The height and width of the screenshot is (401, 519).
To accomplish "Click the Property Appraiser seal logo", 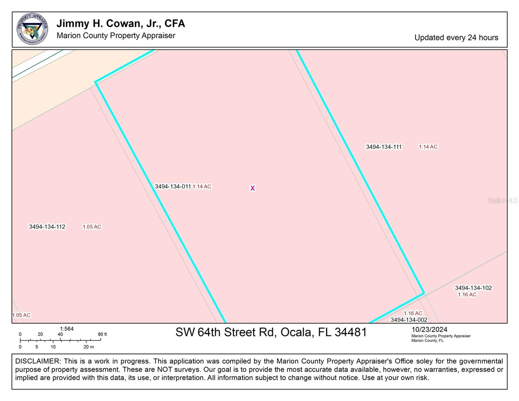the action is (32, 29).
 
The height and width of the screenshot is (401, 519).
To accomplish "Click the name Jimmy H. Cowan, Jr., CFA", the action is (120, 23).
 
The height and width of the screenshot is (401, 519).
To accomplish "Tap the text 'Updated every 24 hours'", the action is (456, 37).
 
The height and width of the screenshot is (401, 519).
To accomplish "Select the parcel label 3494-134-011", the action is (172, 186).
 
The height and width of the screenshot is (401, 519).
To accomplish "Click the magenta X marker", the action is (253, 188).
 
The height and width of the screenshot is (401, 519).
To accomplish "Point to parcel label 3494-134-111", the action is (384, 147).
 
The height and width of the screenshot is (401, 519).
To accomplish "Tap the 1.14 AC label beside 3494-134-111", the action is (428, 147).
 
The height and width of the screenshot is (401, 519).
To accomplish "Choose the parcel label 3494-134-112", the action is (47, 227).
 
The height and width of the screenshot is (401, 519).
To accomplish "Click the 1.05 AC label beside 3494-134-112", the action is (92, 227).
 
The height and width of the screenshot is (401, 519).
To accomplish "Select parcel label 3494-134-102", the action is (473, 288).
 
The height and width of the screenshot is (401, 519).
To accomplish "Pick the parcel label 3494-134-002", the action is (409, 320).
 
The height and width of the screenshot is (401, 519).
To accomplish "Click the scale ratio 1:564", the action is (67, 329).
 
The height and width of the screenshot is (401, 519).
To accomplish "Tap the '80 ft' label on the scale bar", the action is (103, 334).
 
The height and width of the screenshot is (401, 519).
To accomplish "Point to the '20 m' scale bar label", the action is (89, 347).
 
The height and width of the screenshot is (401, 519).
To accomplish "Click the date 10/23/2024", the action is (429, 329).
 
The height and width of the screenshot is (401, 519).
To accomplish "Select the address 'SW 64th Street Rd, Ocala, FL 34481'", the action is (271, 332).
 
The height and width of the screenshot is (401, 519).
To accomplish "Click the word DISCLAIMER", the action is (37, 361).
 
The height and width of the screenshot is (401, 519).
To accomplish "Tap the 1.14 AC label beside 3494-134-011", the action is (202, 186).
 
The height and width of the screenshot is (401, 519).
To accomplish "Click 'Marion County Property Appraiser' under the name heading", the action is (116, 35).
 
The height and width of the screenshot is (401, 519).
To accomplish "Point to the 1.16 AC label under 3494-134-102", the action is (467, 294).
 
